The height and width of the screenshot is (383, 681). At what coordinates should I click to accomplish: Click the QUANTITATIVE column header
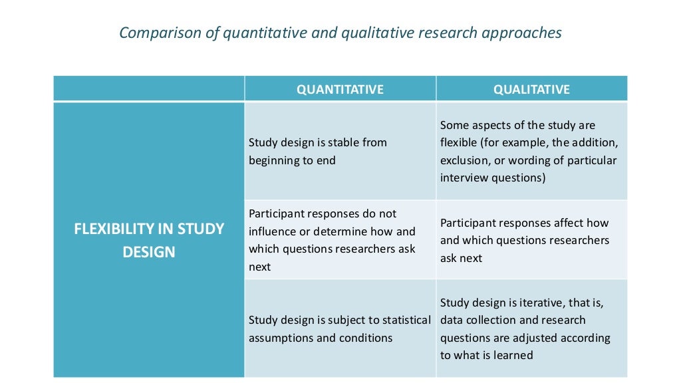(340, 89)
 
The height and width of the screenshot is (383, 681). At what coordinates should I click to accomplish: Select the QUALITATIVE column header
(531, 89)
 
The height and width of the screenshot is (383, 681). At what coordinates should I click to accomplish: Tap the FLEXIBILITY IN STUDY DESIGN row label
(149, 241)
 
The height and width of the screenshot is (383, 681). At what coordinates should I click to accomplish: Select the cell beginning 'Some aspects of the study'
(531, 152)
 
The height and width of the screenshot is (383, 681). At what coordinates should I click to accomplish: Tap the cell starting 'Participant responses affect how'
(531, 240)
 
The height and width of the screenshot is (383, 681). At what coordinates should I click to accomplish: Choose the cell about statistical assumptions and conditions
(340, 328)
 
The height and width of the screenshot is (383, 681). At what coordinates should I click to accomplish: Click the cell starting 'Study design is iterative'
(531, 328)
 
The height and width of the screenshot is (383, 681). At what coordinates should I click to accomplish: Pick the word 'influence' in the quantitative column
(274, 231)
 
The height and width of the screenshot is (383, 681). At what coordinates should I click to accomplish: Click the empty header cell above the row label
(149, 89)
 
